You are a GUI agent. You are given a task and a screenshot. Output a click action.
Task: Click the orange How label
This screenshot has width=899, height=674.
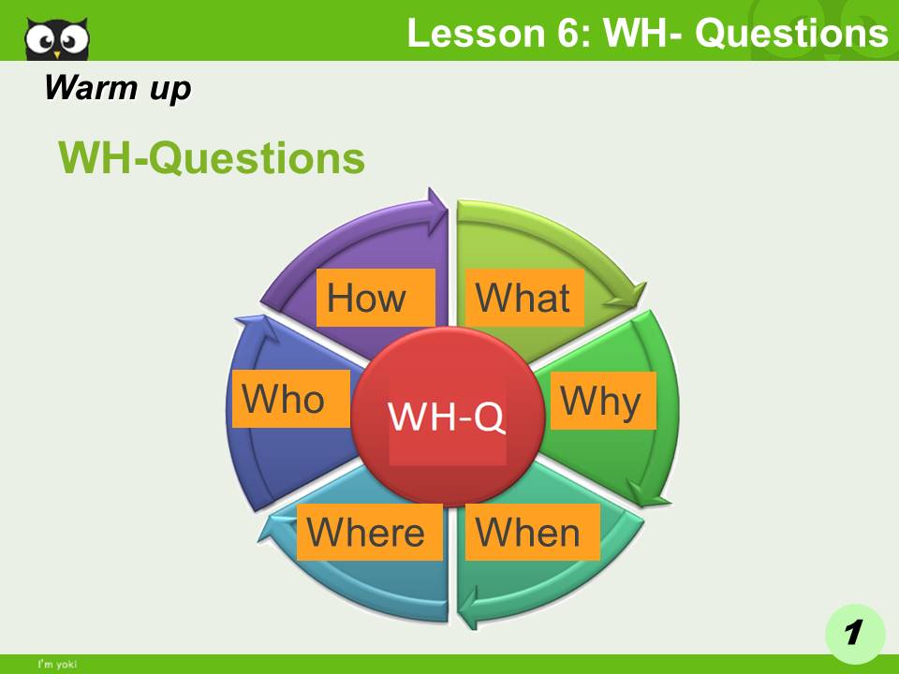click(376, 298)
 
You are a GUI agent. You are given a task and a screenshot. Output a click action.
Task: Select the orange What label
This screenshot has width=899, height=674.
click(524, 298)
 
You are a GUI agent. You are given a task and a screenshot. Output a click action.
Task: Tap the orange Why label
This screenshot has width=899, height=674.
click(602, 401)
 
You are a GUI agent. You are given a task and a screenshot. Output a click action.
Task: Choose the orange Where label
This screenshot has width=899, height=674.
click(369, 532)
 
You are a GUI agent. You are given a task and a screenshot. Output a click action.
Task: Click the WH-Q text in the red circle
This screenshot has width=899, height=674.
click(447, 417)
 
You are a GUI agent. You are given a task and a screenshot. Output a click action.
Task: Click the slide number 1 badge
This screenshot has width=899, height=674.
click(854, 633)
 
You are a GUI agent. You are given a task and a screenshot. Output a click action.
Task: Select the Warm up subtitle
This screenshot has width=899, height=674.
click(117, 88)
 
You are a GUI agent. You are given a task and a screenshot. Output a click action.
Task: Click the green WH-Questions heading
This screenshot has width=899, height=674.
click(212, 158)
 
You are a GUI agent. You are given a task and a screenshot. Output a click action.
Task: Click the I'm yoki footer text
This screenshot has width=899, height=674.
click(56, 665)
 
